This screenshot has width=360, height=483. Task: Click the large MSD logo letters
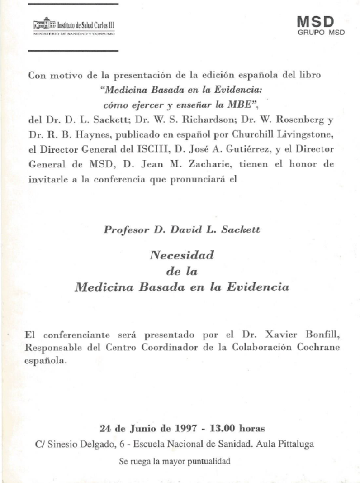tap(315, 21)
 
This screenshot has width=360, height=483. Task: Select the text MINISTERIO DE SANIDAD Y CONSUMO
tap(74, 33)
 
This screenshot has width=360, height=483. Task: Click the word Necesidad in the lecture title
tap(181, 255)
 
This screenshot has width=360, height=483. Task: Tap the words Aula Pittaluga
tap(284, 444)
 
